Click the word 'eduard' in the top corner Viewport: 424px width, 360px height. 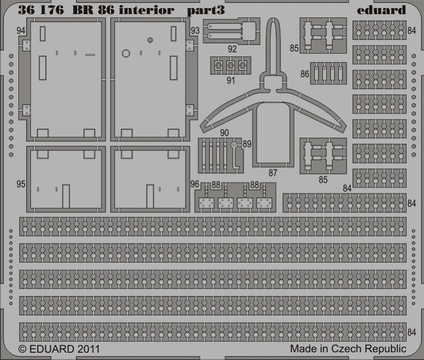tap(381, 10)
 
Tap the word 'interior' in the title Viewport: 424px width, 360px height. tap(146, 10)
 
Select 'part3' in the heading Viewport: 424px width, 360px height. tap(206, 11)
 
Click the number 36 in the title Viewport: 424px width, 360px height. tap(26, 10)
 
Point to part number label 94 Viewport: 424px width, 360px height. tap(21, 30)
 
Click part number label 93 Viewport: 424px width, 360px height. tap(195, 30)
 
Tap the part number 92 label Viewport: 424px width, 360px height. tap(232, 49)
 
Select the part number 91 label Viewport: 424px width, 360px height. tap(230, 80)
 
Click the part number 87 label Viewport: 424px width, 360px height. tap(273, 173)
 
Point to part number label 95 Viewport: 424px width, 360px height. tap(21, 184)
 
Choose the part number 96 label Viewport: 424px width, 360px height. tap(195, 184)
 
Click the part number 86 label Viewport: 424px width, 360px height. tap(305, 74)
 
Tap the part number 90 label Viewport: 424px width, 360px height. tap(225, 133)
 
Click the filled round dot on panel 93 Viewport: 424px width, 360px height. tap(150, 40)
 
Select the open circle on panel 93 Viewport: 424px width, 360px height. tap(126, 53)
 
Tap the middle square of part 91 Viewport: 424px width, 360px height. tap(230, 65)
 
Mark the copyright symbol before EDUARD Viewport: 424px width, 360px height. tap(23, 349)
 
